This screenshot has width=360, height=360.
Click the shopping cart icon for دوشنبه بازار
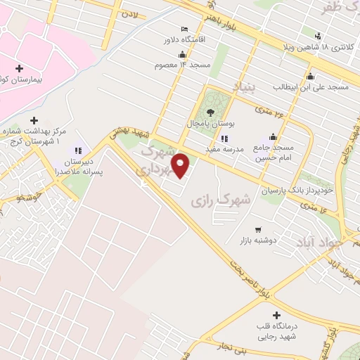257,229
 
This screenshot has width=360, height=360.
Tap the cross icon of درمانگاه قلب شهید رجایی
276,315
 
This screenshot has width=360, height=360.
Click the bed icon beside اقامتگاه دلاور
185,29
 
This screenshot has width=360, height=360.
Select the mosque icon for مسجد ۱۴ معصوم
183,54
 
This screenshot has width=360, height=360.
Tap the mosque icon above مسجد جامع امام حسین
273,137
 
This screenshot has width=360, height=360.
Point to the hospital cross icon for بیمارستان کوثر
18,69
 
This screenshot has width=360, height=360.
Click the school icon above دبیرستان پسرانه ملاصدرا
79,150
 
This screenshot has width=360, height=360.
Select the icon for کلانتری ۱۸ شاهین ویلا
319,36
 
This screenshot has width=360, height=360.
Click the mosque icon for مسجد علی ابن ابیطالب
309,77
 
